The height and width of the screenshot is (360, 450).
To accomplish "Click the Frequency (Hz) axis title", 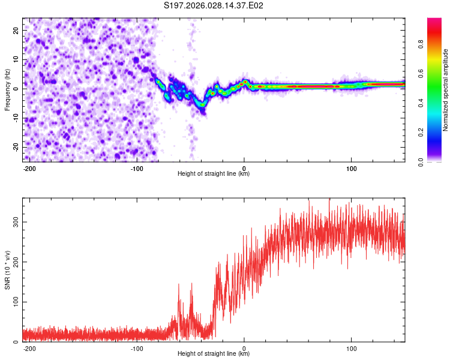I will [x=8, y=90].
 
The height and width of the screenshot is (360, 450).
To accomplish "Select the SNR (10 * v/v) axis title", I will [x=8, y=270].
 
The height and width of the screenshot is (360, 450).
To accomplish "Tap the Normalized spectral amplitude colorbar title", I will [x=445, y=90].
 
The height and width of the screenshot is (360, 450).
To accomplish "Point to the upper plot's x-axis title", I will [x=214, y=174].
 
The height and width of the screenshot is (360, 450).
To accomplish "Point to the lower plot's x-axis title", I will [x=214, y=353].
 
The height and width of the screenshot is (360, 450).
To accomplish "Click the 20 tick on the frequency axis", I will [x=16, y=30].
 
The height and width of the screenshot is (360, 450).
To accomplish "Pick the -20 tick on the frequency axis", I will [x=14, y=147].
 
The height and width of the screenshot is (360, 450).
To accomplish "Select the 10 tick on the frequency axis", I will [x=16, y=59].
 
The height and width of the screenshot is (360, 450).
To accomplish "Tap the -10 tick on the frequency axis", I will [x=14, y=118].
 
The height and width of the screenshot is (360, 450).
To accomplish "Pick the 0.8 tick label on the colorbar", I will [x=421, y=44].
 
